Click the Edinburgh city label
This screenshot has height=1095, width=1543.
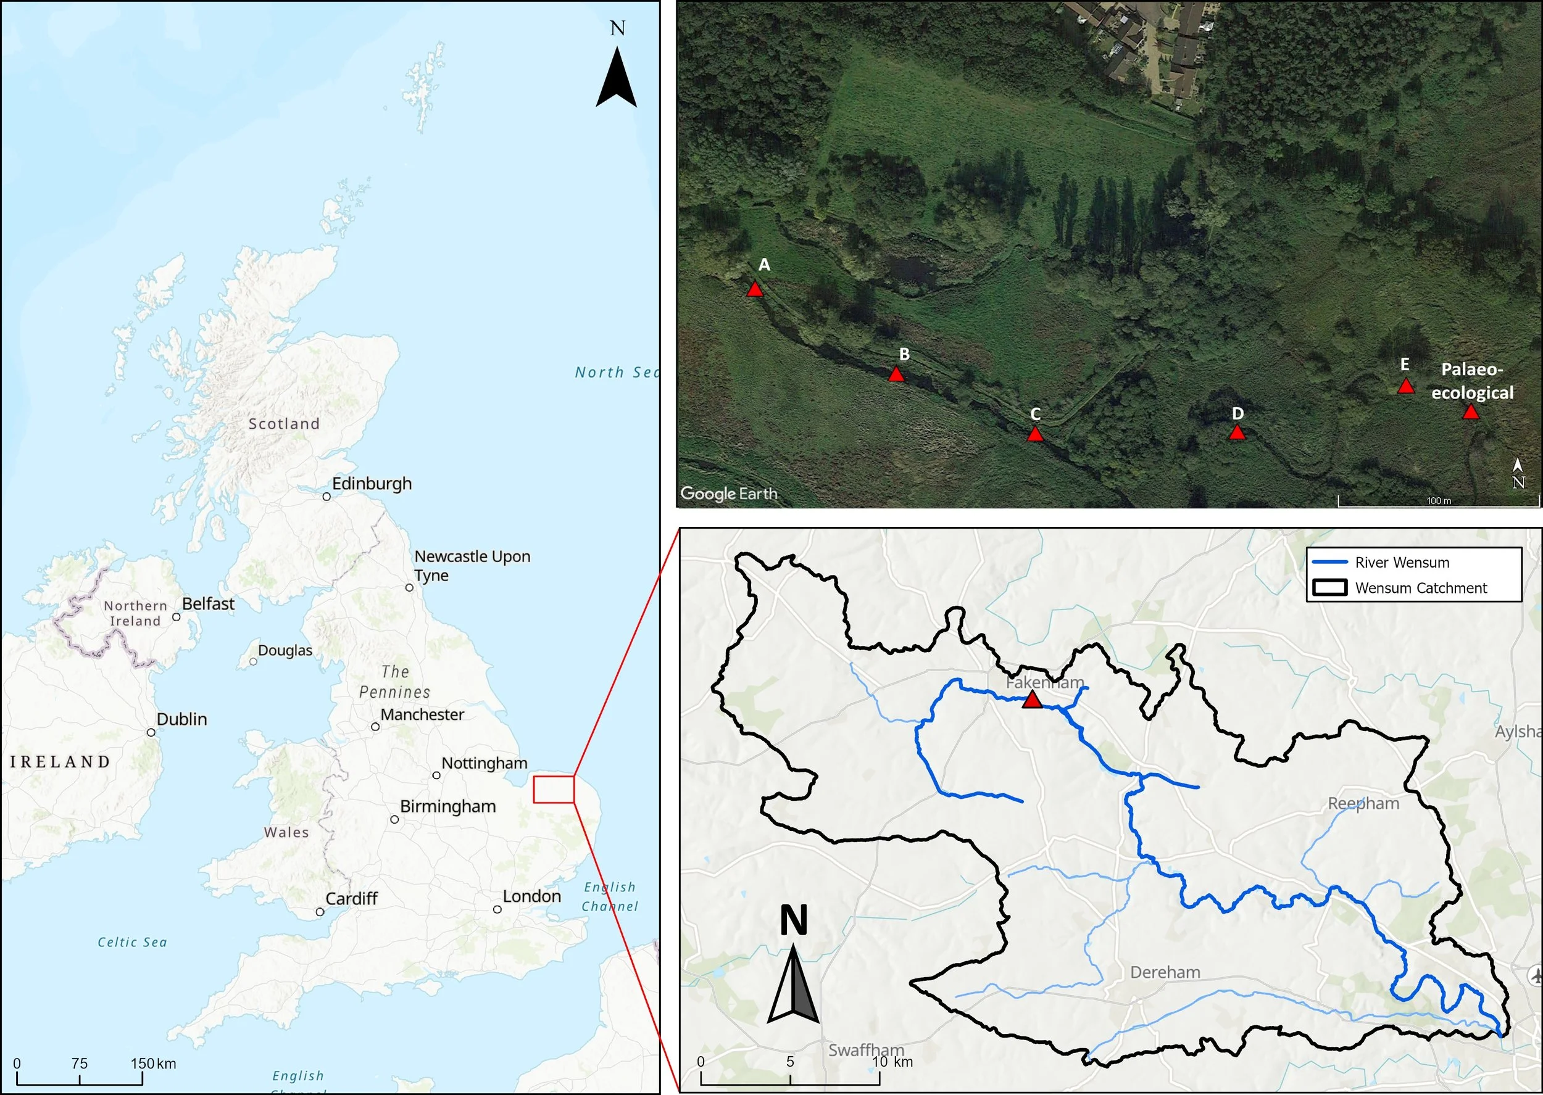click(x=372, y=484)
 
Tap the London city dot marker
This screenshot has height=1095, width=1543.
click(x=497, y=909)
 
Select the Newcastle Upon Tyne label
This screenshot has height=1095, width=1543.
click(x=472, y=566)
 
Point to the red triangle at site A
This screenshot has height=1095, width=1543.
click(x=755, y=290)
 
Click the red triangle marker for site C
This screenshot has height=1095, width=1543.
click(x=1035, y=434)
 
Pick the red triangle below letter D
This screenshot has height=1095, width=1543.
click(x=1237, y=433)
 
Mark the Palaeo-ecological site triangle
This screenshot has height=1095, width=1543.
click(x=1471, y=412)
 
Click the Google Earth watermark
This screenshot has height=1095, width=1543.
click(x=728, y=494)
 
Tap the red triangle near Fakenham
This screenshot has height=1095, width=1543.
click(x=1032, y=701)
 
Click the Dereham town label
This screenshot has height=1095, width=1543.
click(x=1165, y=972)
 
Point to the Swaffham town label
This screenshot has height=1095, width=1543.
click(x=866, y=1050)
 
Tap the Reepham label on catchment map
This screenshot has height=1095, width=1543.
click(x=1363, y=804)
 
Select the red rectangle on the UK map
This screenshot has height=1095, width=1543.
click(x=553, y=789)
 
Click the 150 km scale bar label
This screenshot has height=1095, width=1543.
click(x=153, y=1064)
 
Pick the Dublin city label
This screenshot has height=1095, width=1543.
click(x=181, y=719)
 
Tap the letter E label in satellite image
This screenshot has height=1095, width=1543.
click(x=1405, y=365)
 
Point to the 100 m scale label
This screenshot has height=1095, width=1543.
click(x=1439, y=501)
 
